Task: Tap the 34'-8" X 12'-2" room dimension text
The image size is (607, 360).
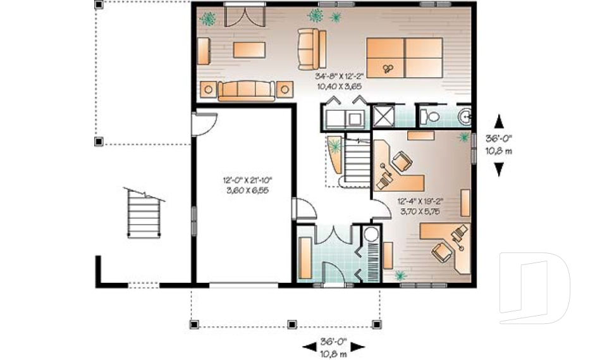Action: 340,76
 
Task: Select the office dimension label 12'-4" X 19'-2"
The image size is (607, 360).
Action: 420,201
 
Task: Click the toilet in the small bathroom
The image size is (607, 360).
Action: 430,116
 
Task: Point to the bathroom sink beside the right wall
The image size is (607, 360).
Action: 465,116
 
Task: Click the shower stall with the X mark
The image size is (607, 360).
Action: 383,116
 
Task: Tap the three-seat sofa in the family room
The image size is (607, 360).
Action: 247,90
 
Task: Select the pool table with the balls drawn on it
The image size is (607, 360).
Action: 405,58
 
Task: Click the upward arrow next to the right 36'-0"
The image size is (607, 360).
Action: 500,121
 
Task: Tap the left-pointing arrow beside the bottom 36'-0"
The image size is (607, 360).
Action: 309,347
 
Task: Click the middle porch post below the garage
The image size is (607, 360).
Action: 292,324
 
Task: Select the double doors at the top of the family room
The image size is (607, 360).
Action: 245,15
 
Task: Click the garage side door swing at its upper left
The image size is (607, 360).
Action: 204,124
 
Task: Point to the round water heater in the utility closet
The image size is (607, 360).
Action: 371,235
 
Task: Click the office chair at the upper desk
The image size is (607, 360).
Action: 402,161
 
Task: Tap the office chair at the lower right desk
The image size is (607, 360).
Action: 443,251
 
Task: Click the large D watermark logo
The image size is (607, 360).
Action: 535,288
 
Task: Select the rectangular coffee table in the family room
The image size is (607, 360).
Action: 249,50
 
